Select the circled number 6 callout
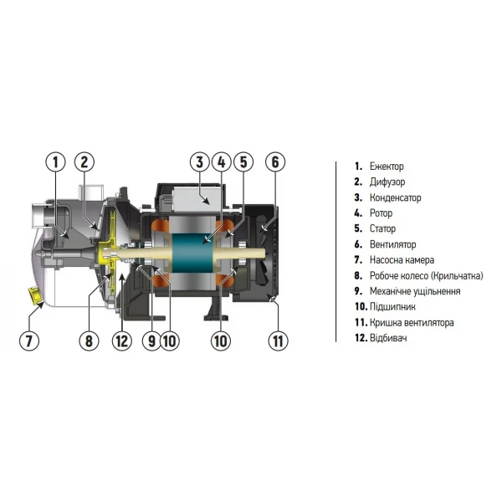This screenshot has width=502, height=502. (x=276, y=163)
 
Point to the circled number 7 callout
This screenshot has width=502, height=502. (x=29, y=341)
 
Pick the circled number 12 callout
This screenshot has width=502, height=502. (x=123, y=341)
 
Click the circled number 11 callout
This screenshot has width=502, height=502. (x=277, y=341)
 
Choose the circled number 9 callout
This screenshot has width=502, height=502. (x=151, y=341)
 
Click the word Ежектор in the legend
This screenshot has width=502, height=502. (x=386, y=166)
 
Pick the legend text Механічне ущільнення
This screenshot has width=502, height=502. (x=414, y=291)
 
